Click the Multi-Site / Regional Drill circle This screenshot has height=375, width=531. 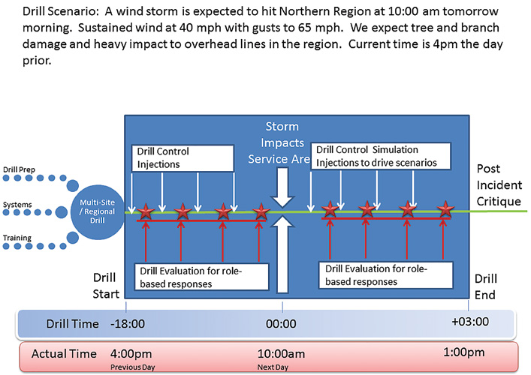(x=98, y=212)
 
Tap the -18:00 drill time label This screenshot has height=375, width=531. (x=128, y=324)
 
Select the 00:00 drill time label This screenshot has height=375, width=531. (x=281, y=324)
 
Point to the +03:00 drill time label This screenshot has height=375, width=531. (x=470, y=322)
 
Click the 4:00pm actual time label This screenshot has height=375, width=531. (x=131, y=354)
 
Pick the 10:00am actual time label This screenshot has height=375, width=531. (x=281, y=354)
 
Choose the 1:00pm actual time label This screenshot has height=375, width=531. (x=464, y=352)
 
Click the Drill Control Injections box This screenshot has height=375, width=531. (x=183, y=158)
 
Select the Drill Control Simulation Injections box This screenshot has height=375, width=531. (x=381, y=156)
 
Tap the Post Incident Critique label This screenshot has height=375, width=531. (x=499, y=185)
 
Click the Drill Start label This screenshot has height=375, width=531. (x=106, y=286)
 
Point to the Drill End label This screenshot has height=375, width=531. (x=486, y=286)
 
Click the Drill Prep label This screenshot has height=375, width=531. (x=19, y=169)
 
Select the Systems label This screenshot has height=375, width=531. (x=17, y=205)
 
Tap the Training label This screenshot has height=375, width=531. (x=17, y=238)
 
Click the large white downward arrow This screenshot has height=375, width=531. (x=282, y=187)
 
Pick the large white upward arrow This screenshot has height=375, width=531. (x=282, y=254)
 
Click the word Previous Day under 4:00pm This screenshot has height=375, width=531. (x=132, y=367)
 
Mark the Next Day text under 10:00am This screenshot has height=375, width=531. (x=273, y=367)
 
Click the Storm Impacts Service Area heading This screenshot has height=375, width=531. (x=279, y=142)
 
